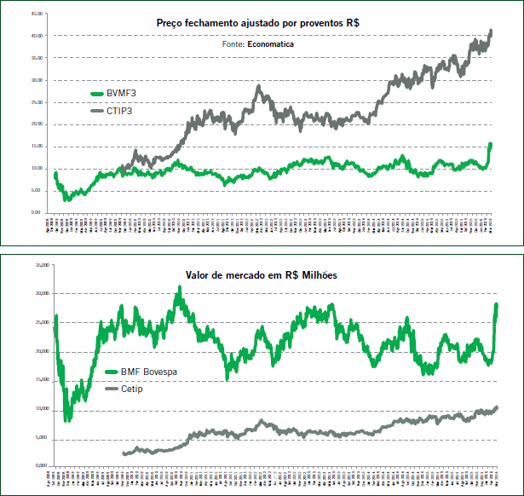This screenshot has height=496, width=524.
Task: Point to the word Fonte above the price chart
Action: (233, 43)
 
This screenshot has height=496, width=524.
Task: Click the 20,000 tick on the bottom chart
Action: (38, 351)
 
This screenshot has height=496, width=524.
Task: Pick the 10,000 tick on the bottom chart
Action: (38, 409)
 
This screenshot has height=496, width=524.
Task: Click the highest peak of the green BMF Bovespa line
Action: (179, 288)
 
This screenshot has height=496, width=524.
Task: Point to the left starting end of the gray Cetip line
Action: (124, 454)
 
